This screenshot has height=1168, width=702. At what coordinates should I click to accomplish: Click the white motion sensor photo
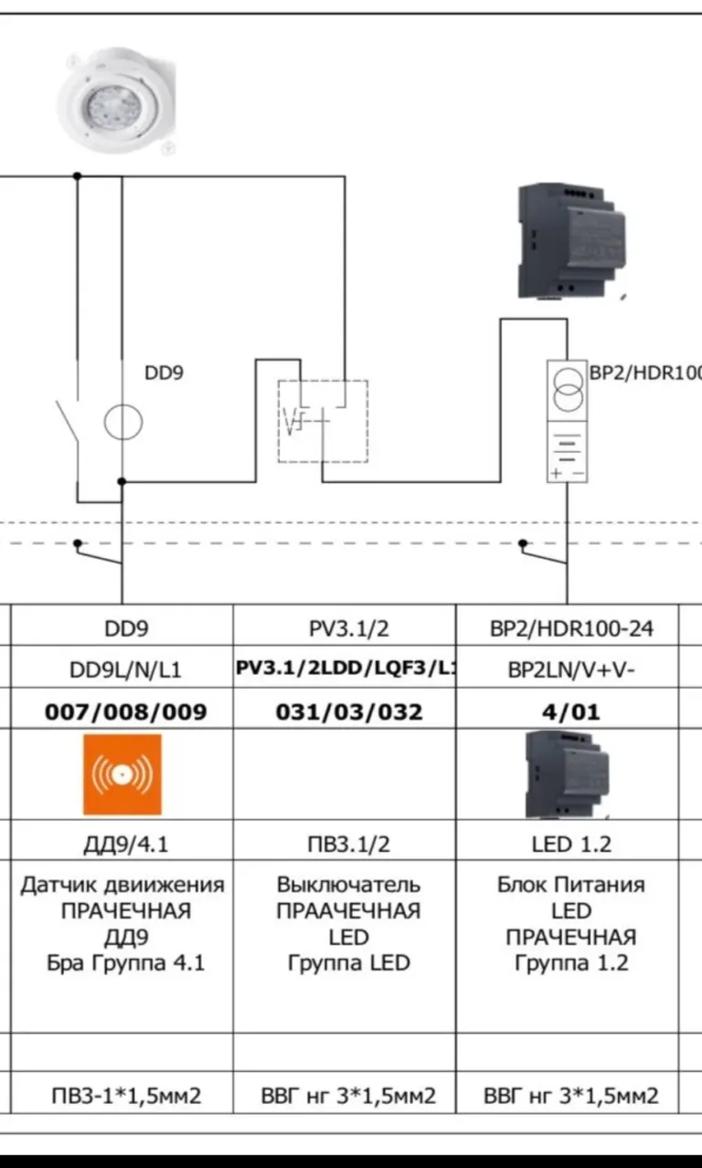(117, 100)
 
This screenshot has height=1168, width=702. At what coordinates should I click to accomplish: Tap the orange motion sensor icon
(122, 774)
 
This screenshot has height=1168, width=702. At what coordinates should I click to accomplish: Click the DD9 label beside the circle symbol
(164, 373)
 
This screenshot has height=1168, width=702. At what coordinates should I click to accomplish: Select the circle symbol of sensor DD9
(123, 422)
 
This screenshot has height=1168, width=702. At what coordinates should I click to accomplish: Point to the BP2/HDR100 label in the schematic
(645, 373)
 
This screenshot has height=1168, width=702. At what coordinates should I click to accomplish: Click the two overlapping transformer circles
(568, 391)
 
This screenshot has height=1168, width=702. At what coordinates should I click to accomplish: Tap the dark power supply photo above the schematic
(571, 241)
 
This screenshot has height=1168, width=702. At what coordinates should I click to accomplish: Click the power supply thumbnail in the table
(568, 774)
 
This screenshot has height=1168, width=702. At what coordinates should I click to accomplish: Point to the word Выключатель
(348, 885)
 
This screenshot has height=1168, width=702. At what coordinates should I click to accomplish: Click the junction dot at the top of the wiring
(78, 176)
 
